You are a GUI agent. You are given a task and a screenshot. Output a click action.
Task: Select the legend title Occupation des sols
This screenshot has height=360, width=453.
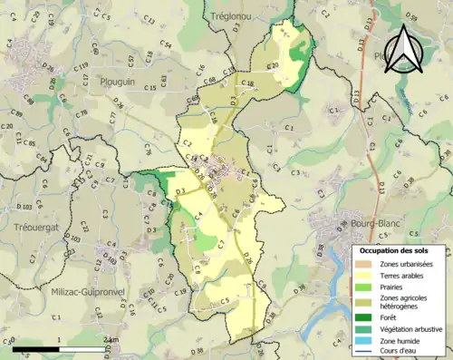pyautogui.click(x=397, y=250)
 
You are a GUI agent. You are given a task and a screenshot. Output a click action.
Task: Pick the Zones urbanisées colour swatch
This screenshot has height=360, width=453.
pyautogui.click(x=364, y=263)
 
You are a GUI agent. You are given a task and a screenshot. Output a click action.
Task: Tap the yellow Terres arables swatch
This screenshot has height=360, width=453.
pyautogui.click(x=364, y=275)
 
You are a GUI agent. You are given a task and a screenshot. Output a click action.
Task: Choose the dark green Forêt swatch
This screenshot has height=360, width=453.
pyautogui.click(x=364, y=316)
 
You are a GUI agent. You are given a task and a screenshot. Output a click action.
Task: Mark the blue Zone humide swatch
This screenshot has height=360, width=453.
pyautogui.click(x=364, y=340)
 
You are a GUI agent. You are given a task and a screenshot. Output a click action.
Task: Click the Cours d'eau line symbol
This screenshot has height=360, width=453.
pyautogui.click(x=364, y=351)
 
